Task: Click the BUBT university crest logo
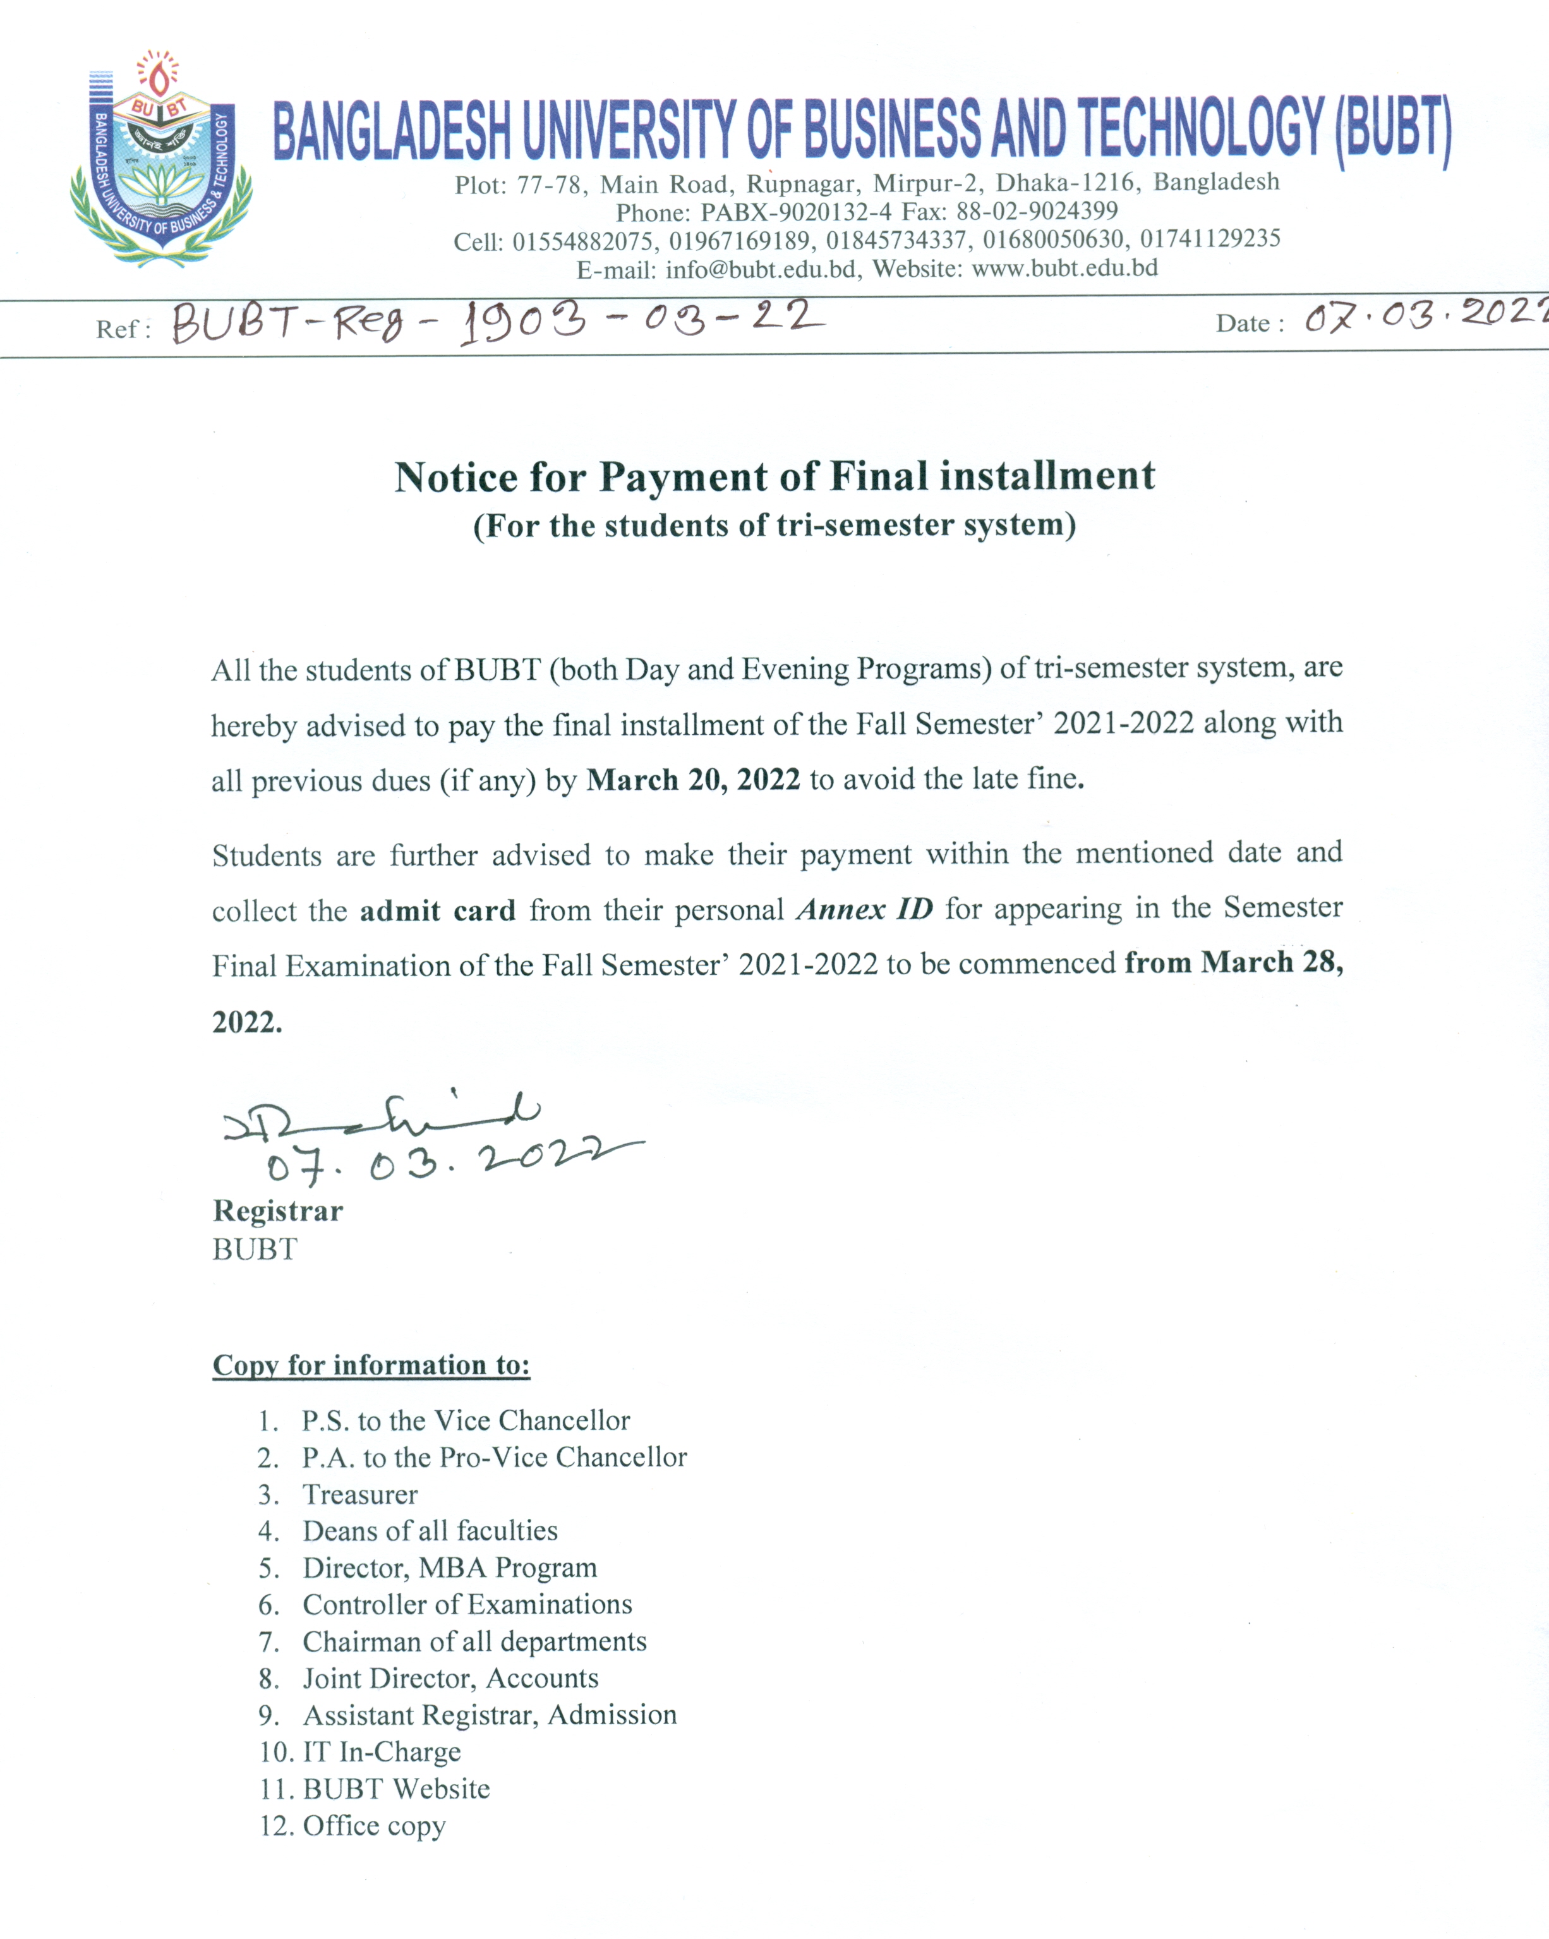tap(160, 160)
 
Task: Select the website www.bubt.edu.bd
tap(1064, 268)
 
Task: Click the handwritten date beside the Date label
tap(1425, 317)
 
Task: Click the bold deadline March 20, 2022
tap(692, 780)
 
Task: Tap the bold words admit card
tap(437, 910)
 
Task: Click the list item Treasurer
tap(359, 1494)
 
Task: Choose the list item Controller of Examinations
tap(467, 1604)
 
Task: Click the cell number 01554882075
tap(582, 240)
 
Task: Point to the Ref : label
tap(123, 329)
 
